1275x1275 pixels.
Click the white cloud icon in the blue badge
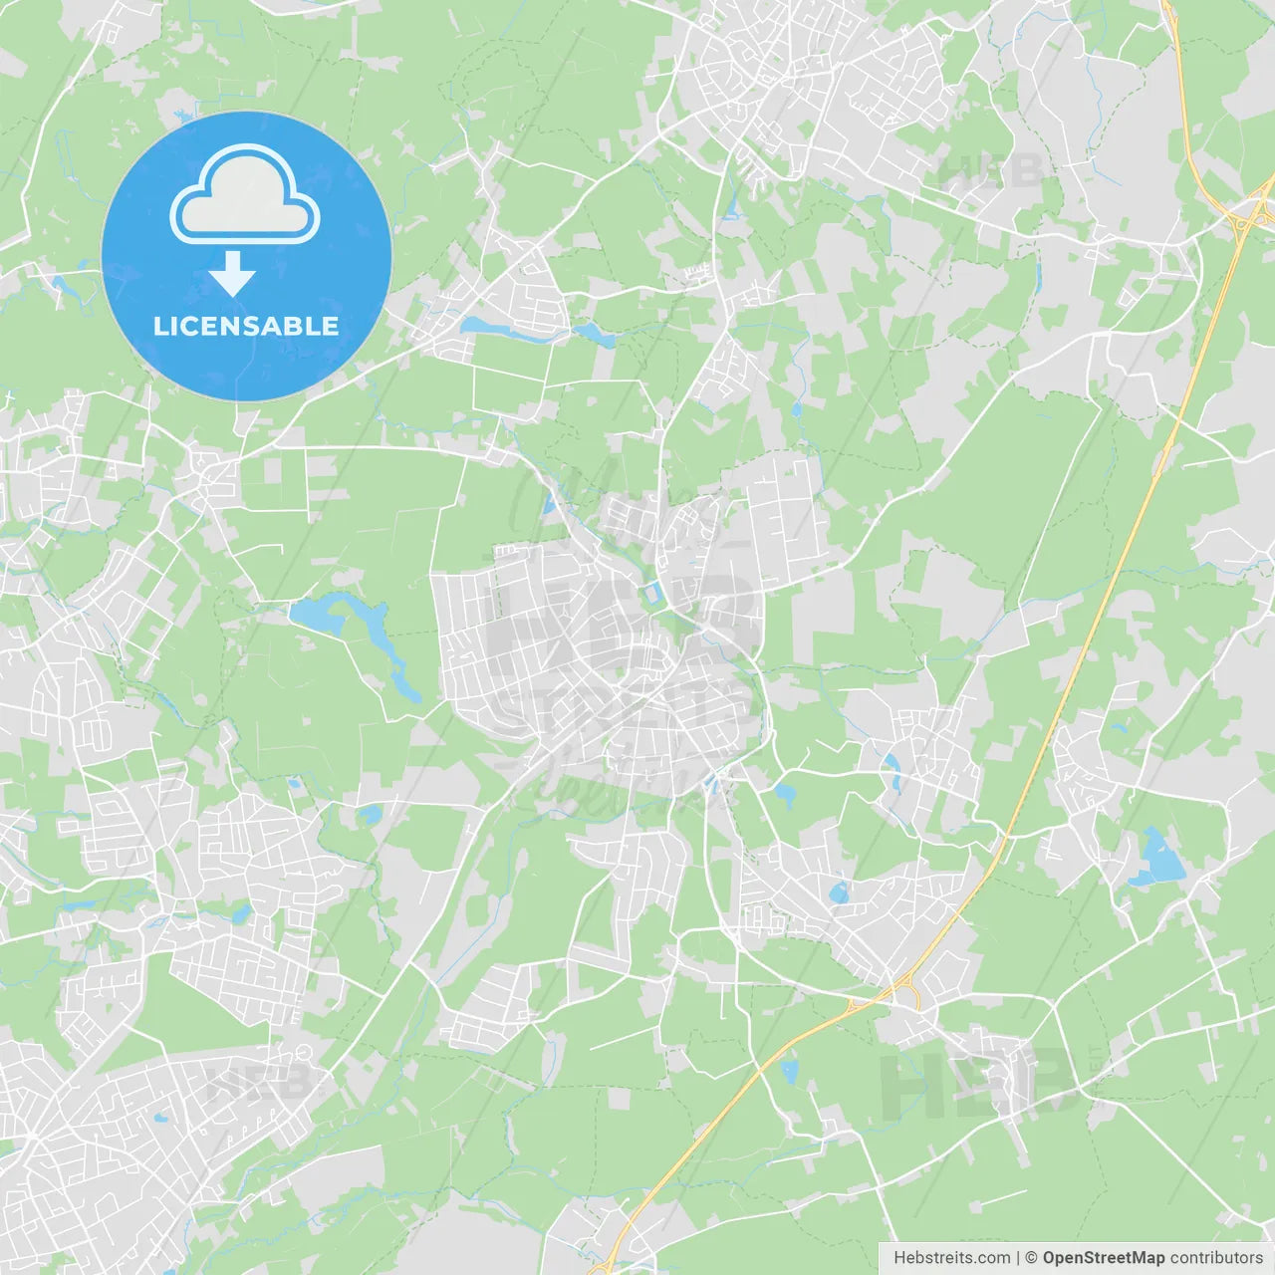(245, 195)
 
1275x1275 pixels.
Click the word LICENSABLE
(246, 326)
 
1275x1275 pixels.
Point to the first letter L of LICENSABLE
(160, 326)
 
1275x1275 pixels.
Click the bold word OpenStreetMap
(1103, 1258)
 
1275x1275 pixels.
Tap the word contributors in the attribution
(1216, 1258)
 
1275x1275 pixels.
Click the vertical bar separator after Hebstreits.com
(1018, 1258)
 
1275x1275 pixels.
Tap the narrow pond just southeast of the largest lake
(403, 682)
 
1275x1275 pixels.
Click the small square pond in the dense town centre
(652, 595)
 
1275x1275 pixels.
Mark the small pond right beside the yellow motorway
(790, 1072)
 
